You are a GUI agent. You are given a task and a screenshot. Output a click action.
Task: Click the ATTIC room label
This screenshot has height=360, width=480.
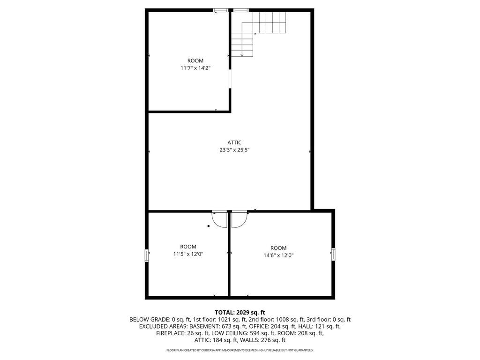234,142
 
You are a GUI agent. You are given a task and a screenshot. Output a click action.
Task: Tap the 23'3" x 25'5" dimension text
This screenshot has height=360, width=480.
234,150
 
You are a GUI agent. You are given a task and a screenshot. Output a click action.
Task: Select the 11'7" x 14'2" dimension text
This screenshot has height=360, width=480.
195,68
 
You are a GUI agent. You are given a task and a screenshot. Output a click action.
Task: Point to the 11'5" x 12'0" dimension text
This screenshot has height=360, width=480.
188,254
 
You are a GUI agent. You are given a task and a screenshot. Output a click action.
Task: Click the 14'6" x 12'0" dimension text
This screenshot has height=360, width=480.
278,255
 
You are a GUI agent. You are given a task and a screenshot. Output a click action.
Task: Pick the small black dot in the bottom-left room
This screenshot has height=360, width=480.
209,226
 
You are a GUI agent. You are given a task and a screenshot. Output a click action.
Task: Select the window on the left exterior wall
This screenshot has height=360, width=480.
147,255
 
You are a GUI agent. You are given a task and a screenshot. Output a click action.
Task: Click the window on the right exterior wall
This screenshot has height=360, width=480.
333,255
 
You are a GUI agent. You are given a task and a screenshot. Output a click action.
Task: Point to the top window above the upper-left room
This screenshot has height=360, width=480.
221,10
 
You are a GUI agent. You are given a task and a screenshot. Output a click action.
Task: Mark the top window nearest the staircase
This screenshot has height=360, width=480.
241,10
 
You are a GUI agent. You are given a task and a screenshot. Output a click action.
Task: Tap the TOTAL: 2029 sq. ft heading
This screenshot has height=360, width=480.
240,313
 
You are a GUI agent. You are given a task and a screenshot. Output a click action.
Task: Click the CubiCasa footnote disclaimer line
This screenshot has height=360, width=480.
240,350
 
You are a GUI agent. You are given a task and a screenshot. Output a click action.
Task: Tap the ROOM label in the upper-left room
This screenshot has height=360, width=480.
195,60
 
